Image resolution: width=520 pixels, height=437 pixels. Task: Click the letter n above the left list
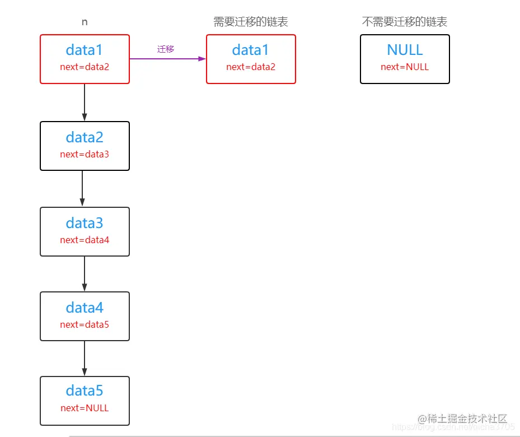85,22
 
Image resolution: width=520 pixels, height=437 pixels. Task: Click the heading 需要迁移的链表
250,22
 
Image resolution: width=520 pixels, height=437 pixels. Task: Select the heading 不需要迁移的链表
405,22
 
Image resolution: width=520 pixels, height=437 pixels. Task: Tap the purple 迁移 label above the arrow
166,49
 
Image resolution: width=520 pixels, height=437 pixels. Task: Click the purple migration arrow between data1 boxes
167,58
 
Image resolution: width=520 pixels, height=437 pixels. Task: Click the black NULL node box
405,59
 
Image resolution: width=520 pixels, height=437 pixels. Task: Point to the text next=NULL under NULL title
405,67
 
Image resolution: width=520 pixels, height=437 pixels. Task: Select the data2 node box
85,146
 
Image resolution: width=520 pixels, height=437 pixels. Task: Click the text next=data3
85,154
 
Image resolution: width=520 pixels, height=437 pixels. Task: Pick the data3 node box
85,231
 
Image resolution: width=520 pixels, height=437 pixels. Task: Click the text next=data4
85,240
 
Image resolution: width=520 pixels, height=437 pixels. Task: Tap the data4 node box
85,316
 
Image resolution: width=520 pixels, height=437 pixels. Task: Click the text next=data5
85,324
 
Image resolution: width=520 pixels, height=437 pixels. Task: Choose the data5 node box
85,401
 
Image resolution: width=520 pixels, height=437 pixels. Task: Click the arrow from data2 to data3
82,189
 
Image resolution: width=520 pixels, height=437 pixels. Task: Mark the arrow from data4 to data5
85,358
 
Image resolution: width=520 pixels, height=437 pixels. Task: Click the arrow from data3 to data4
85,273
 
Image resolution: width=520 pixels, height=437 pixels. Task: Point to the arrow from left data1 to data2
85,103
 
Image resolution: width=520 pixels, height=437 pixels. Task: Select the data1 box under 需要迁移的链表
251,59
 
